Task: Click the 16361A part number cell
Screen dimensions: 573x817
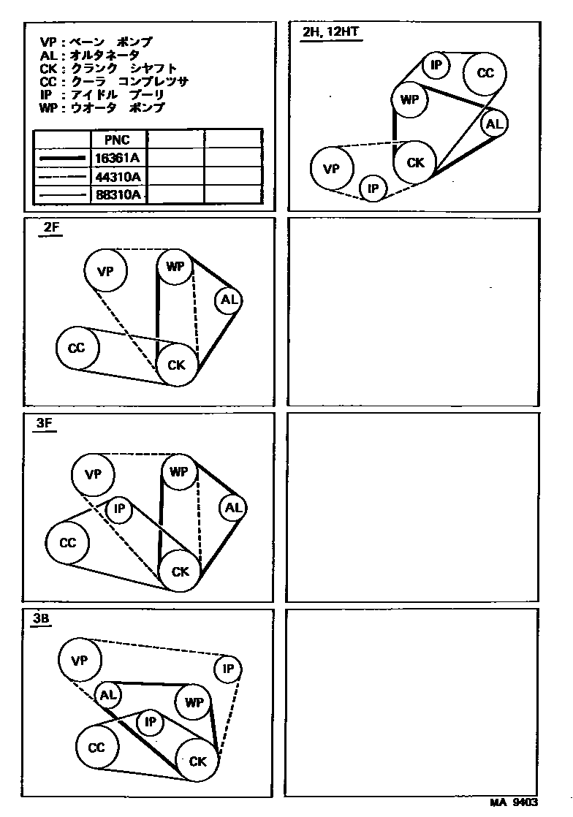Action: point(118,158)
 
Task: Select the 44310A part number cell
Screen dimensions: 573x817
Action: point(118,176)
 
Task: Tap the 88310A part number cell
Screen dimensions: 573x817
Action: point(118,194)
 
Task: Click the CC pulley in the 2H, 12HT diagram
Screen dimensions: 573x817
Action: point(486,73)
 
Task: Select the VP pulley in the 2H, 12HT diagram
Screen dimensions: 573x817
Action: point(332,169)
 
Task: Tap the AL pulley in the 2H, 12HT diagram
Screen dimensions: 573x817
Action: point(495,124)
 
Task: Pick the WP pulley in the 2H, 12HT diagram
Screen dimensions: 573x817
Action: point(409,100)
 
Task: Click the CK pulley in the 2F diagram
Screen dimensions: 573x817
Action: point(177,365)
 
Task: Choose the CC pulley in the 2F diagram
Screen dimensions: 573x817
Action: point(77,348)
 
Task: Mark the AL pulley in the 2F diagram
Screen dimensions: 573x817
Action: point(228,300)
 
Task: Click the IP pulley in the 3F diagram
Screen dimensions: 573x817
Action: point(119,509)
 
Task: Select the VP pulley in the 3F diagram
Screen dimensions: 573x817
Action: point(93,474)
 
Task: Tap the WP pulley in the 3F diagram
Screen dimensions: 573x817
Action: point(179,472)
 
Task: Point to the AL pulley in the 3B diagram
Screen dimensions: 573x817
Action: point(107,694)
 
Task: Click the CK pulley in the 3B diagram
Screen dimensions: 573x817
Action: point(198,761)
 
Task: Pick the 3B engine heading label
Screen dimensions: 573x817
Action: point(41,618)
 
